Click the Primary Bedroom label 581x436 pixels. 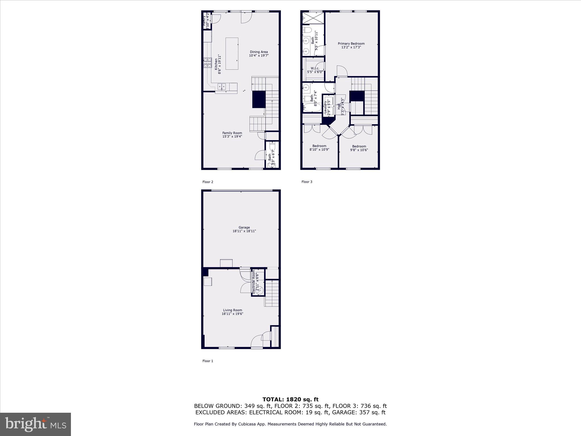(351, 44)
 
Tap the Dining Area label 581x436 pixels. (259, 52)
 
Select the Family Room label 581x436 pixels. (232, 133)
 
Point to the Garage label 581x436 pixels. (244, 227)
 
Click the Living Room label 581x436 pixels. (232, 310)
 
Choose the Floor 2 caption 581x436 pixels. (208, 182)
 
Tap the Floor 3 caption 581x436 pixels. (307, 182)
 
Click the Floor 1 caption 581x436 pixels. (208, 361)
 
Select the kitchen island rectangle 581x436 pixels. (232, 54)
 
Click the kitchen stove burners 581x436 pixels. (207, 63)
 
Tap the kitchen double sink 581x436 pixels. (222, 86)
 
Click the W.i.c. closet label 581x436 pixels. (315, 68)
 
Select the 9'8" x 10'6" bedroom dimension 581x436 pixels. (359, 150)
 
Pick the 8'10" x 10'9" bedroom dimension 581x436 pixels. (319, 150)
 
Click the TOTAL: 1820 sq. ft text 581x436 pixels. (290, 399)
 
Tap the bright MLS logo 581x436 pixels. (35, 424)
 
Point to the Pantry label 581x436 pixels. (204, 20)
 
